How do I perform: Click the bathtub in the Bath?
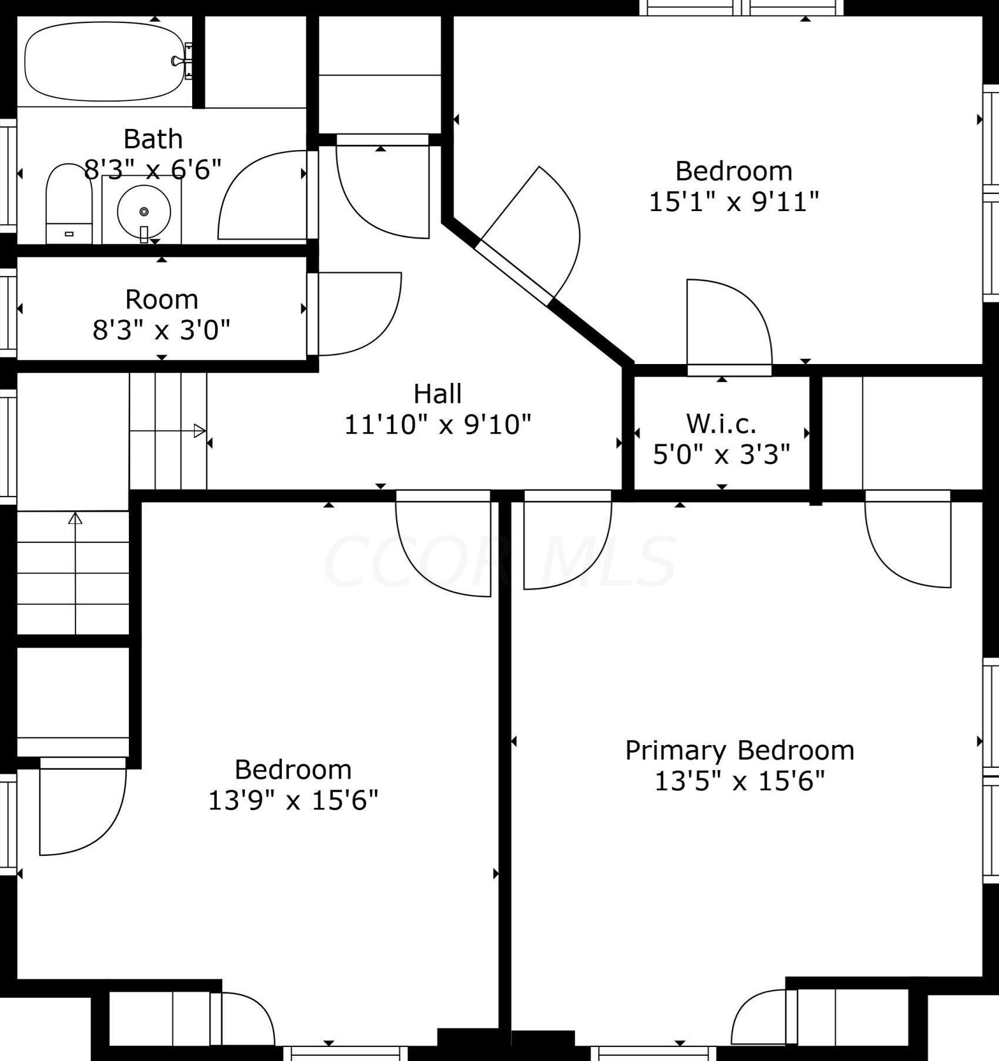click(104, 61)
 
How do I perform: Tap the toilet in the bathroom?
click(69, 204)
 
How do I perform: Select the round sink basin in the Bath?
click(144, 211)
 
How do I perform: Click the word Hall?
click(437, 394)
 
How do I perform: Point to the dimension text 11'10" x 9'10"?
click(437, 424)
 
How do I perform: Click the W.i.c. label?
click(721, 423)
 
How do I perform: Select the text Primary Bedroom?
click(739, 750)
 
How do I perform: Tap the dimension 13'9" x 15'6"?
click(293, 800)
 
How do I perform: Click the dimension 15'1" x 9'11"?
click(734, 202)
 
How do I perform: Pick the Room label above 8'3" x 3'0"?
click(162, 300)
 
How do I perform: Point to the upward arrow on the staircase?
click(75, 519)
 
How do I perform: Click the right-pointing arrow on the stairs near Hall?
click(199, 431)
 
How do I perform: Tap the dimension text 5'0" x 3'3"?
click(721, 454)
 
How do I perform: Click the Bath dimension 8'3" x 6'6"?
click(153, 170)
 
